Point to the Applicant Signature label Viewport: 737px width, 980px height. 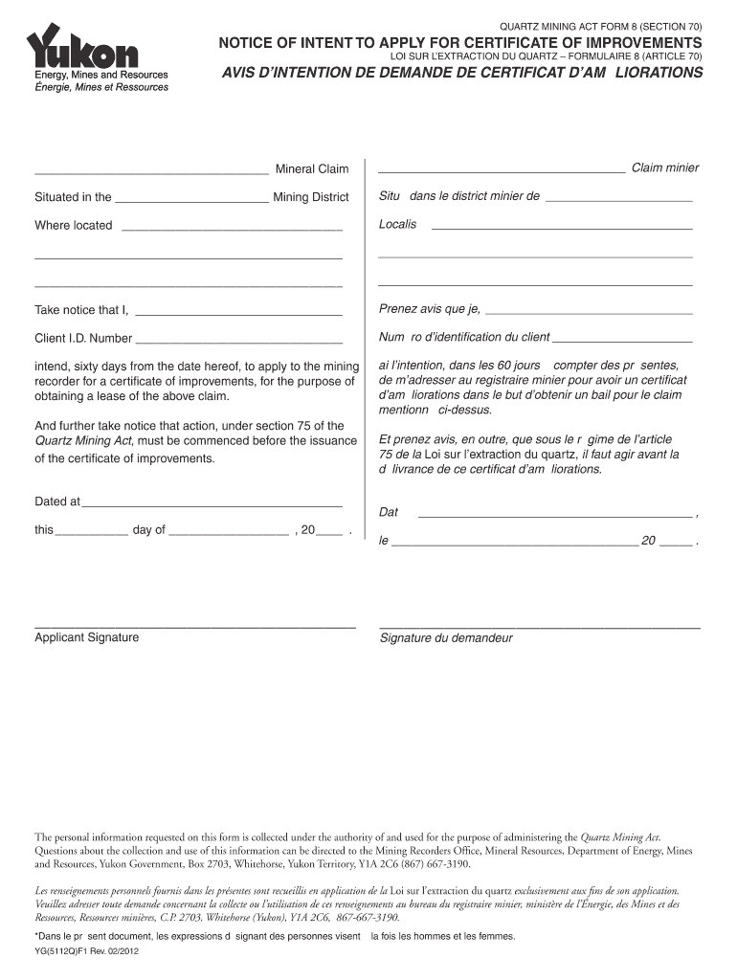tap(87, 637)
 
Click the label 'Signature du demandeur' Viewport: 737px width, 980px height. tap(446, 638)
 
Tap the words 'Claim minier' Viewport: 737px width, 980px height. tap(664, 168)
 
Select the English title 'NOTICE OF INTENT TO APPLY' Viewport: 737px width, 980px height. tap(460, 44)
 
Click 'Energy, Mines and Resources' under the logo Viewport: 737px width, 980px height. tap(101, 75)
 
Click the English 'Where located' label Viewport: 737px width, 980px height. tap(74, 226)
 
